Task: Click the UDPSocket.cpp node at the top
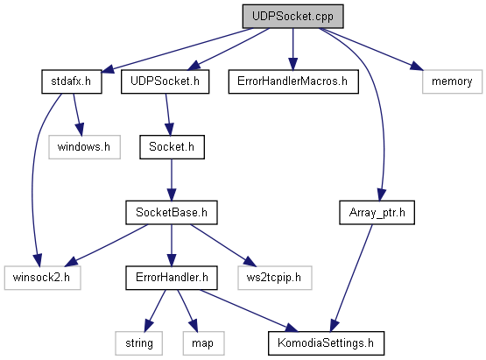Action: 292,16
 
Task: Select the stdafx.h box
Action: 72,81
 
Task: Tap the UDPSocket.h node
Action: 165,81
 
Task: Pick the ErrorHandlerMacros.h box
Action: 293,81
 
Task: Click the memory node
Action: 452,81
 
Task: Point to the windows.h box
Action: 84,147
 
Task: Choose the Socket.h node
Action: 172,147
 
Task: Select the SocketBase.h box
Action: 172,212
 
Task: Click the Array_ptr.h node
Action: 377,212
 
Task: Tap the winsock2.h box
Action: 42,278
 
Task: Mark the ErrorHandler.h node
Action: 172,278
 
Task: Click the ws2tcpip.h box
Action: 275,278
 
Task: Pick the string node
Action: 139,343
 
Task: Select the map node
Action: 204,343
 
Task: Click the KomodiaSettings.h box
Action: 326,343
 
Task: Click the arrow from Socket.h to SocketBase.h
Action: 172,180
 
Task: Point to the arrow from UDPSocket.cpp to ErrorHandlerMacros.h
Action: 292,49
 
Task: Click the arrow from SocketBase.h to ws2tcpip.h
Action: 223,245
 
